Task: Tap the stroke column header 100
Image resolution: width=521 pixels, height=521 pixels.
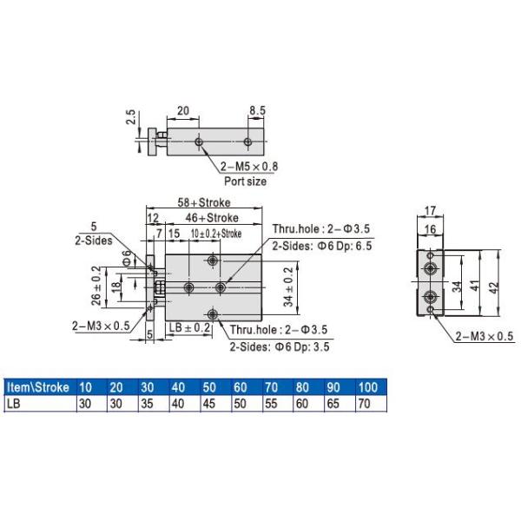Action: click(x=368, y=386)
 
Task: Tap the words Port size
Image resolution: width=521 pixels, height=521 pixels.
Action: click(x=246, y=181)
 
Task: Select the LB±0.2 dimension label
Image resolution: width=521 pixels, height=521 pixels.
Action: click(x=189, y=327)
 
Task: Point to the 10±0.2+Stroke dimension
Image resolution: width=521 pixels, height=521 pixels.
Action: click(x=215, y=234)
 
